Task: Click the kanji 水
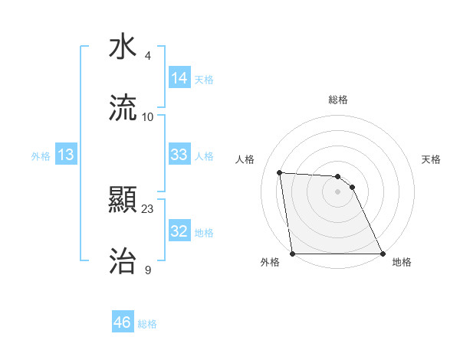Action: [123, 47]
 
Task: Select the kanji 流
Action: [123, 108]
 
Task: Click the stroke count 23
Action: [148, 208]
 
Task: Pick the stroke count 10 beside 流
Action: [148, 116]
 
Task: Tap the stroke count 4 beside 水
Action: [148, 55]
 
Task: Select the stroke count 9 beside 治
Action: [148, 270]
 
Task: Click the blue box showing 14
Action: [179, 78]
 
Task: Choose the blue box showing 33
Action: [179, 155]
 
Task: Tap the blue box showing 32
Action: [179, 231]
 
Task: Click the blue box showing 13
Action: [66, 155]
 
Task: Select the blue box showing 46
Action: [123, 322]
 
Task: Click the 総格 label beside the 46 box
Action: [147, 324]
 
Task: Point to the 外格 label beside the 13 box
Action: [41, 156]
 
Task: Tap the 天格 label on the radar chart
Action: [432, 159]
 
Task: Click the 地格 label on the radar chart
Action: [402, 262]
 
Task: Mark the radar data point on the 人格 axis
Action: [280, 172]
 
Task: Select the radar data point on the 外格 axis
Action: [293, 254]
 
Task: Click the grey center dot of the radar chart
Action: [338, 191]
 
